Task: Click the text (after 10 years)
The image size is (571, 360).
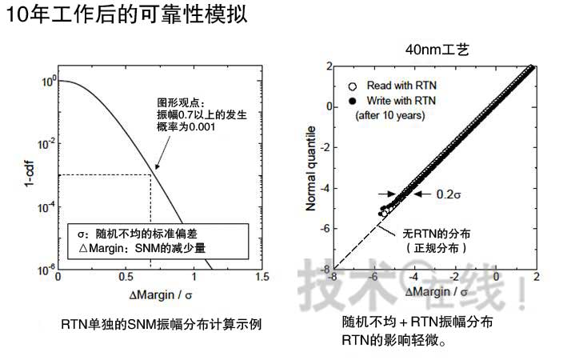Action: point(389,115)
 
